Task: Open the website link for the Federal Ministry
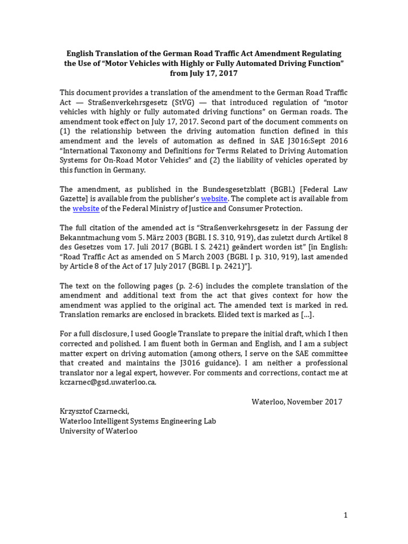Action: click(86, 208)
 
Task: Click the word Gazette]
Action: click(76, 199)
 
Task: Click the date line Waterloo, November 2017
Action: click(297, 402)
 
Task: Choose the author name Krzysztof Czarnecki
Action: click(96, 411)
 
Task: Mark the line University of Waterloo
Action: click(98, 431)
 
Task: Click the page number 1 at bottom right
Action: click(345, 515)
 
